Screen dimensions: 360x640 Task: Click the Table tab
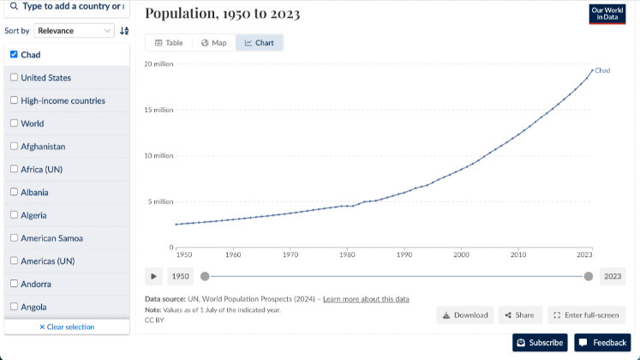(x=169, y=43)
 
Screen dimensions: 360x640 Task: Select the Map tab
(x=213, y=43)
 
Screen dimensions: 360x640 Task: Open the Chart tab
(x=259, y=43)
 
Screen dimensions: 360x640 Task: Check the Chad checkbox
(x=14, y=55)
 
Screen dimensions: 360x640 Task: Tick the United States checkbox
(x=14, y=77)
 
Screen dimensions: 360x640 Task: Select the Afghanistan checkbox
(x=14, y=146)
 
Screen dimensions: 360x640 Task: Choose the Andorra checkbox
(x=14, y=284)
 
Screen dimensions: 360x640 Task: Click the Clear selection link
(x=67, y=327)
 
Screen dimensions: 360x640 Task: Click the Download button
(x=465, y=315)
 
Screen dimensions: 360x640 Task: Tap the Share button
(x=519, y=315)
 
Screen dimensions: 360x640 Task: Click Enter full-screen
(x=586, y=315)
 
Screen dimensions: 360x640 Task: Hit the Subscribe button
(x=540, y=343)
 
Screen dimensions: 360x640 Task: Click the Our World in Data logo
(x=607, y=15)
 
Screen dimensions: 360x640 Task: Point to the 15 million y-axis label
(x=159, y=110)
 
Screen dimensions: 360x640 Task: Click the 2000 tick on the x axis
(x=461, y=255)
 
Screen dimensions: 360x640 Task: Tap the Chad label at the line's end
(x=602, y=70)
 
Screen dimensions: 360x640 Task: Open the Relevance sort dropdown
(x=75, y=31)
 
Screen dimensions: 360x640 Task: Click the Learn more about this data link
(x=366, y=299)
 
